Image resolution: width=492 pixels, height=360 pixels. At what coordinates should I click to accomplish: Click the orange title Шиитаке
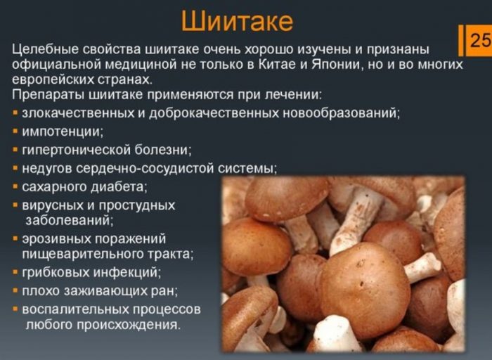pyautogui.click(x=237, y=21)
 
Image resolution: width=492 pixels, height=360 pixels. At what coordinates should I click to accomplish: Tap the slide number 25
pyautogui.click(x=481, y=40)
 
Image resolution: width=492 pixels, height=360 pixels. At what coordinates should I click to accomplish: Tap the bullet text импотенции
pyautogui.click(x=63, y=131)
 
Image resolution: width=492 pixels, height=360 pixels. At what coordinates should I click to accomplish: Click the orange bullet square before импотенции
pyautogui.click(x=15, y=131)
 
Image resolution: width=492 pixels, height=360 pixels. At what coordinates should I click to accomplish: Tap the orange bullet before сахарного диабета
pyautogui.click(x=15, y=187)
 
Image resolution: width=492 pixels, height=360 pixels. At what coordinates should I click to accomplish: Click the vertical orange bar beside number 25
pyautogui.click(x=461, y=40)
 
